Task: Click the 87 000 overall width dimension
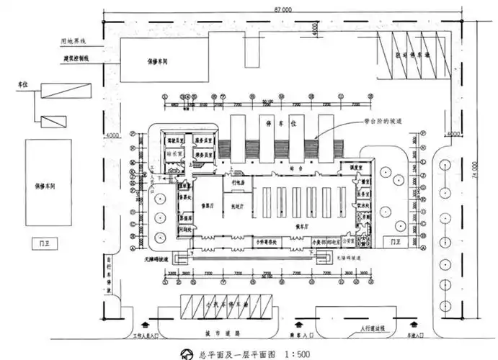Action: point(282,11)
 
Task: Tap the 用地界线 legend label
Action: point(74,40)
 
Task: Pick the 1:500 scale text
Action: point(297,353)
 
